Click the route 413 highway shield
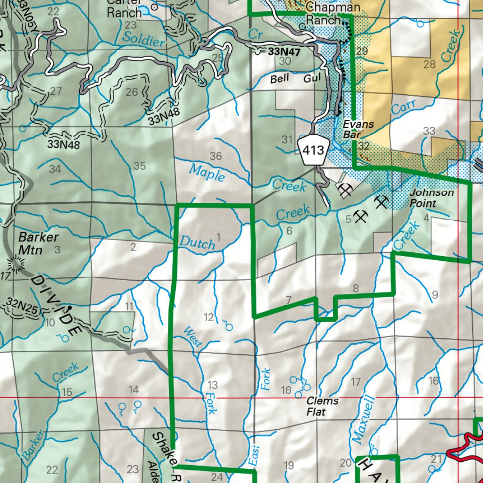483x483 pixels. tap(314, 150)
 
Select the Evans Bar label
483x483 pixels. tap(358, 130)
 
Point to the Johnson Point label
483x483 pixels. tap(432, 198)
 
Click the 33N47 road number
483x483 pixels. tap(283, 51)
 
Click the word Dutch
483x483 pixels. tap(198, 242)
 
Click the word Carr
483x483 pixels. tap(403, 108)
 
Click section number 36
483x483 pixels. tap(216, 156)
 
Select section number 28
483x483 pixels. tap(429, 65)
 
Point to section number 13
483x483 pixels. tap(213, 385)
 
